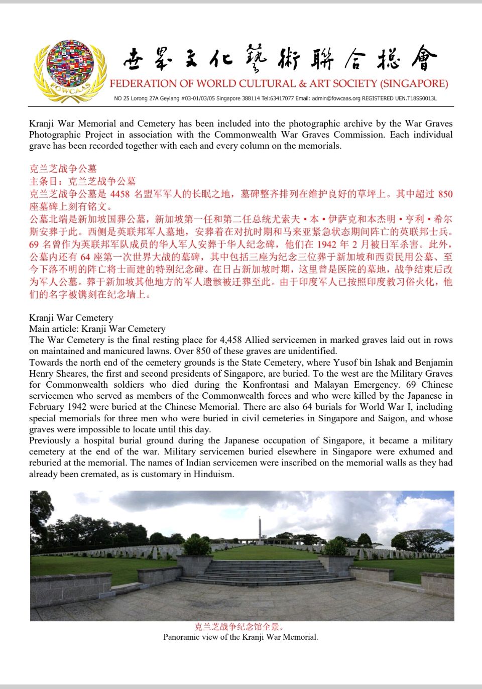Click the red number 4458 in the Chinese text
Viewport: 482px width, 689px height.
click(x=120, y=194)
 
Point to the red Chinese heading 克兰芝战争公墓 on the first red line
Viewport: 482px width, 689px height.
click(x=63, y=169)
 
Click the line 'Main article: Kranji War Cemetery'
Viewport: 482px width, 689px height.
click(x=97, y=329)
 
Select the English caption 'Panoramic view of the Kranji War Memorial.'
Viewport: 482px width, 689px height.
click(x=240, y=637)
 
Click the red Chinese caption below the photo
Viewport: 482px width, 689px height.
click(x=240, y=627)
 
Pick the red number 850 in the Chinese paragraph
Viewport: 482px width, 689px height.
click(x=445, y=194)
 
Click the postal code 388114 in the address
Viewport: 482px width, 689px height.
click(x=251, y=98)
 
